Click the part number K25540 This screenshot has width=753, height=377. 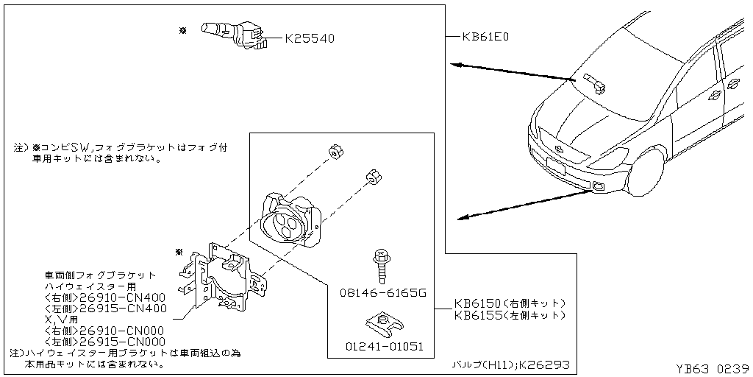click(x=309, y=38)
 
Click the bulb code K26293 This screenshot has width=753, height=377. click(x=543, y=364)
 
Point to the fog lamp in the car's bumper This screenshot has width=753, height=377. click(x=601, y=186)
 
